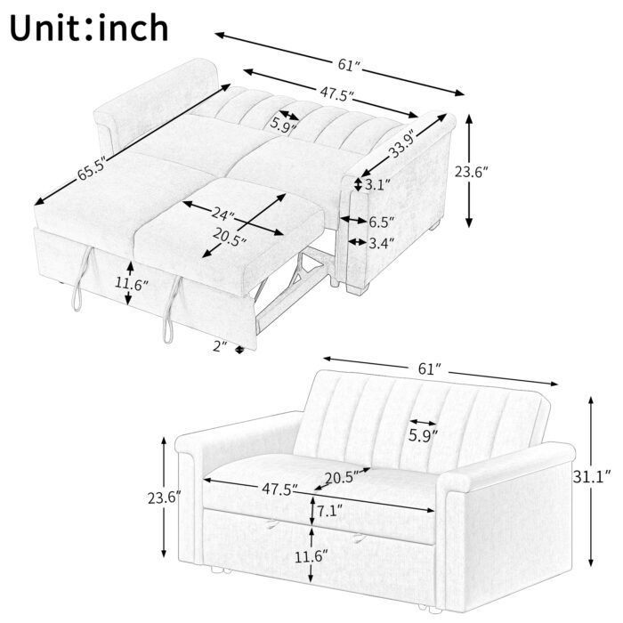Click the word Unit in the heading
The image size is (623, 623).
[54, 28]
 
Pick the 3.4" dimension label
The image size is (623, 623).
[381, 241]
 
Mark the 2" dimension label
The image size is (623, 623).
[222, 346]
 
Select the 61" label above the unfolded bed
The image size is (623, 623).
[348, 65]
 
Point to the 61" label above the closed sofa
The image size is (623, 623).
[429, 368]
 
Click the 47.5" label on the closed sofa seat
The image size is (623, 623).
[278, 489]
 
